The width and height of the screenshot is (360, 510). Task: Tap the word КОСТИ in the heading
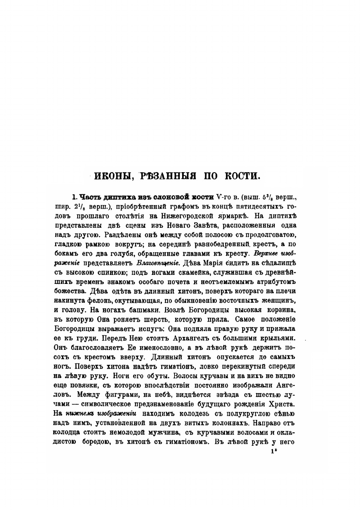point(241,176)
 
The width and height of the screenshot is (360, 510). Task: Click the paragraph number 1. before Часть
point(74,197)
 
